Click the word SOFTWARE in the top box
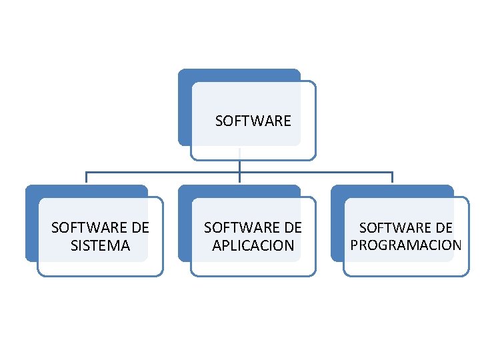(253, 121)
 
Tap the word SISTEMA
(100, 245)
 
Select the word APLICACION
(253, 245)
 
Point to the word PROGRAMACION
(405, 245)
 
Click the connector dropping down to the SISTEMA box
(87, 177)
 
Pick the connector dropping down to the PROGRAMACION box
(393, 177)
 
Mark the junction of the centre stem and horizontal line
(239, 172)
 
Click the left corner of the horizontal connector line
(87, 172)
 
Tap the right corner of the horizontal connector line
(393, 172)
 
